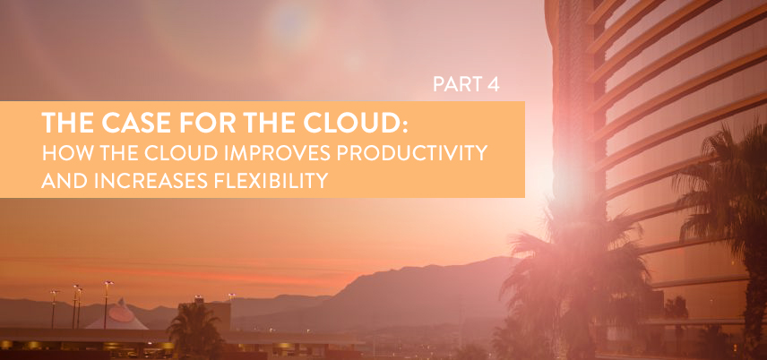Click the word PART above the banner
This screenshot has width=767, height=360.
tap(454, 85)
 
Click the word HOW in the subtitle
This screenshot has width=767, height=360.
tap(62, 153)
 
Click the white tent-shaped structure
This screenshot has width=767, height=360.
tap(117, 316)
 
